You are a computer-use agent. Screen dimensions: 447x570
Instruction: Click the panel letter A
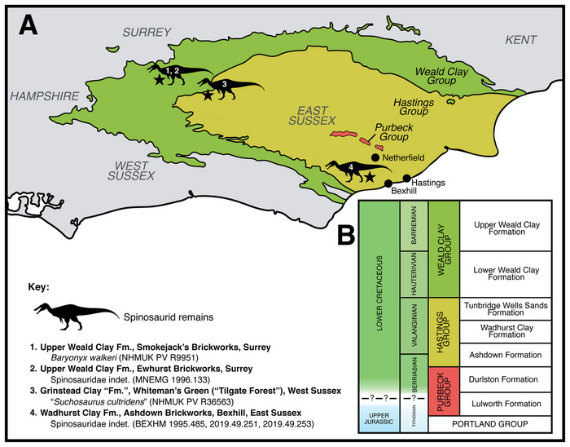coord(28,26)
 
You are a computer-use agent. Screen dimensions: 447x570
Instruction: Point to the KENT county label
coord(521,39)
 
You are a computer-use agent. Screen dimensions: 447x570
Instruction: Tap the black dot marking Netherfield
coord(375,157)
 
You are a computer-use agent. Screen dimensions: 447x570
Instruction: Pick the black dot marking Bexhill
coord(388,184)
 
